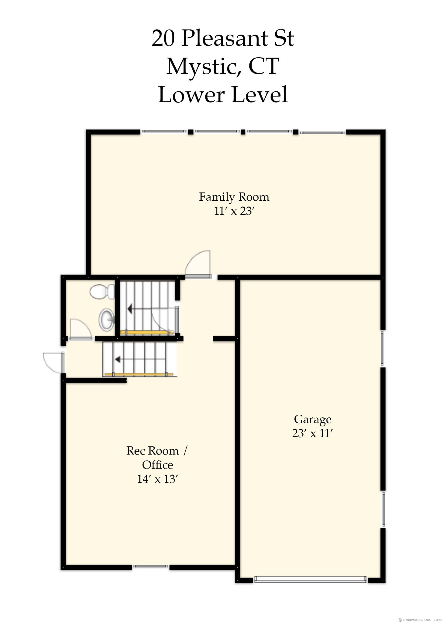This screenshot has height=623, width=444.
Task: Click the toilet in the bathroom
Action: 102,292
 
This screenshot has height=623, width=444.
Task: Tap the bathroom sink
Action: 107,319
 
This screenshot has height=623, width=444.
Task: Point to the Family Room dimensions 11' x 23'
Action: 234,211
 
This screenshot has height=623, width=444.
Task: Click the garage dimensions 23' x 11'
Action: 312,433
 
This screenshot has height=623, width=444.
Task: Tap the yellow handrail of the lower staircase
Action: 139,374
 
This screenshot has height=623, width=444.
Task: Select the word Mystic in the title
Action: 204,67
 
